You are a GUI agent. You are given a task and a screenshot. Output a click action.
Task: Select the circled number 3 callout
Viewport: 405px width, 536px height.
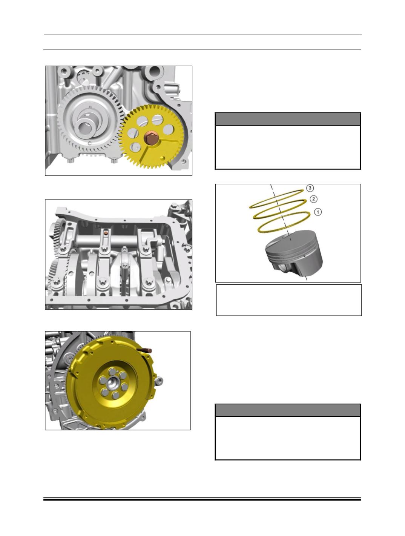point(310,188)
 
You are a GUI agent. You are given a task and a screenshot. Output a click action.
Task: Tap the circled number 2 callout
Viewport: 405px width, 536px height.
point(313,199)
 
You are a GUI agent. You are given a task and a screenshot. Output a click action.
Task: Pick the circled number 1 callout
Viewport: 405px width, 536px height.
point(318,212)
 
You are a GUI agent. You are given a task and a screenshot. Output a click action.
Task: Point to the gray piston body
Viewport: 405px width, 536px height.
point(294,256)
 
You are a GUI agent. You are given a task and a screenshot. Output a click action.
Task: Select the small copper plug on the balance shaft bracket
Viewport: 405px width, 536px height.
point(106,233)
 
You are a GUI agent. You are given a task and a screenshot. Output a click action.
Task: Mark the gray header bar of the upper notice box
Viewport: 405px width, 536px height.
point(288,119)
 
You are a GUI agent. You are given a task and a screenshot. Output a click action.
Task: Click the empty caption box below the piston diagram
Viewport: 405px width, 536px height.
point(289,300)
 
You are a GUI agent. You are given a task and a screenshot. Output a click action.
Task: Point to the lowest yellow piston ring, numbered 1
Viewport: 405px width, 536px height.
point(284,222)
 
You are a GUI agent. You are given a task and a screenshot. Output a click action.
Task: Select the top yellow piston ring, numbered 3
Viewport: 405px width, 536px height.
point(276,199)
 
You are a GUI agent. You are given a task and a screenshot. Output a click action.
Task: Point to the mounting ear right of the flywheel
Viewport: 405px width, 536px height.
point(159,380)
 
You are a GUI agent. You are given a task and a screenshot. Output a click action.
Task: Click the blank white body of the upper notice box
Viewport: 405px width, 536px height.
point(288,147)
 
